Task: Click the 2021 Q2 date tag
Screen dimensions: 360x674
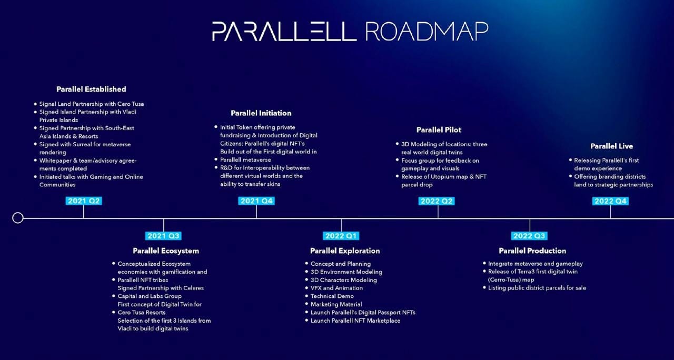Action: [84, 201]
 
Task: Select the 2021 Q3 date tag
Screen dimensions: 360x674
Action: [164, 236]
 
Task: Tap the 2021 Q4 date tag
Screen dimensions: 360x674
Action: [256, 201]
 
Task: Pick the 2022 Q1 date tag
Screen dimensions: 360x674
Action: [341, 236]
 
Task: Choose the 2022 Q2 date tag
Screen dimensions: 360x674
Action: [437, 201]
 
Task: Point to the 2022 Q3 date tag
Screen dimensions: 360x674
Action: [529, 236]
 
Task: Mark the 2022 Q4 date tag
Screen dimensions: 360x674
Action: [610, 201]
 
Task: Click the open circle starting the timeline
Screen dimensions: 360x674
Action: [18, 218]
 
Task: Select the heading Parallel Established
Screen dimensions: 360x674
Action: [91, 89]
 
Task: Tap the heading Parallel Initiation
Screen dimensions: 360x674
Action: [261, 113]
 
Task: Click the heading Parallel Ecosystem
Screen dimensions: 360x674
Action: [166, 251]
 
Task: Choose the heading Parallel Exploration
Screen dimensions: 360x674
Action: [345, 251]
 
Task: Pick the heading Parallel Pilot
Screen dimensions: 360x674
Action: [439, 130]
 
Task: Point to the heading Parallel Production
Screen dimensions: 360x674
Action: [532, 251]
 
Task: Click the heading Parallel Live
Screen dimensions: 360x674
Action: [611, 146]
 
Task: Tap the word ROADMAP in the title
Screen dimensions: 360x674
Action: [427, 32]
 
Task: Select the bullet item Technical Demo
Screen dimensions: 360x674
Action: [332, 296]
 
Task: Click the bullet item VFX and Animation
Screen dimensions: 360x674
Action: [336, 288]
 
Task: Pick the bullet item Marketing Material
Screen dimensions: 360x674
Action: [336, 304]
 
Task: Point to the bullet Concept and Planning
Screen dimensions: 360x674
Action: [340, 264]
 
